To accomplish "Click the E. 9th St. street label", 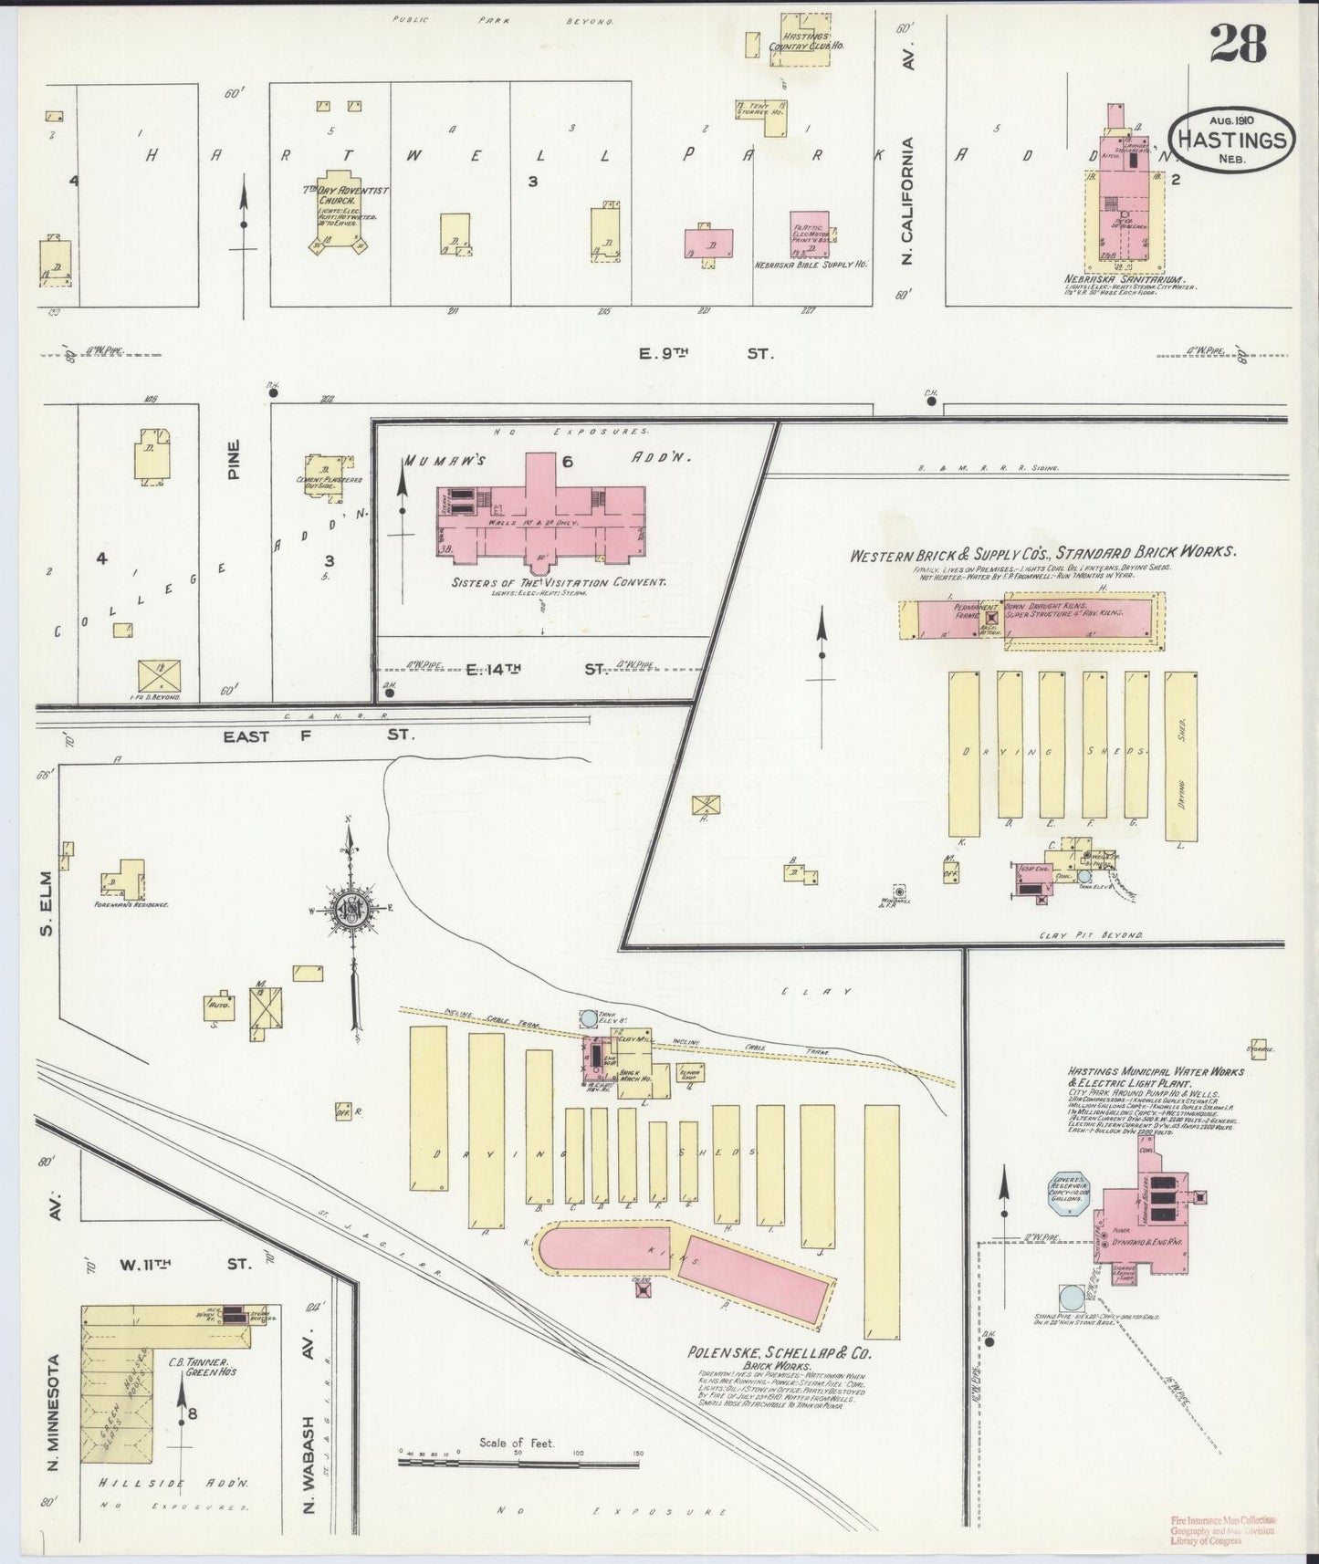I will click(x=705, y=352).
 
